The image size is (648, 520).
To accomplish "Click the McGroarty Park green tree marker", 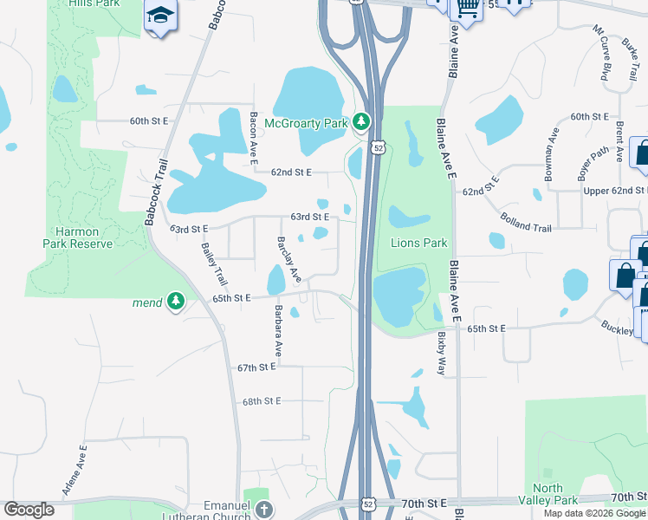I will tap(362, 123).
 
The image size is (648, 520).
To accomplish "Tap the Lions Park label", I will tap(418, 244).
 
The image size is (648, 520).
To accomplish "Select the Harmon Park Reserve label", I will tap(78, 237).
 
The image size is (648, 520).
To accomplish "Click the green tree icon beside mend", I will tap(176, 301).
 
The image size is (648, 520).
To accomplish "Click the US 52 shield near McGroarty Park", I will tap(379, 148).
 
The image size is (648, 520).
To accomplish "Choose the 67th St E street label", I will tap(256, 367).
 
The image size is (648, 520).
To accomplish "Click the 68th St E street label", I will tap(263, 401).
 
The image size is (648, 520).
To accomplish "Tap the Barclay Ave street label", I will tap(288, 260).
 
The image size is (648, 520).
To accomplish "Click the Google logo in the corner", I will tap(29, 509).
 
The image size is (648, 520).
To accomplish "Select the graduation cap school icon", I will tap(160, 16).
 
